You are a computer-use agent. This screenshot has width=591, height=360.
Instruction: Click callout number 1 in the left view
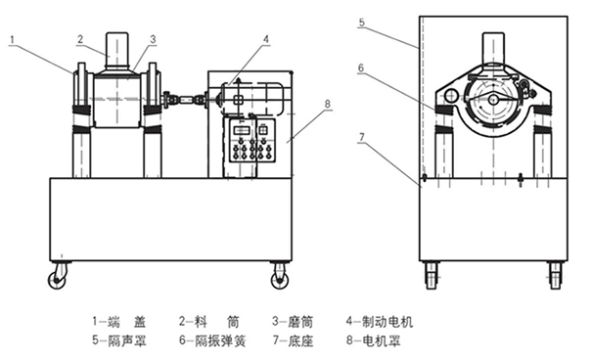[13, 39]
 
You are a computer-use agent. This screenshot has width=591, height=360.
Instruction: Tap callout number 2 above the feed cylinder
[80, 39]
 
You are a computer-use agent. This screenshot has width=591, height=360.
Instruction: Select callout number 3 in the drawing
[153, 39]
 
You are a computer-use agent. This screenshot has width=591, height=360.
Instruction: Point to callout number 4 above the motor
[266, 39]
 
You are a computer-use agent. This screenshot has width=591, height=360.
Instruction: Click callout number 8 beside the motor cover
[328, 104]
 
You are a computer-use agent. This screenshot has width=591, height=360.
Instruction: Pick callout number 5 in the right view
[362, 22]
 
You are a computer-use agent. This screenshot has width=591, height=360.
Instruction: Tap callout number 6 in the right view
[361, 67]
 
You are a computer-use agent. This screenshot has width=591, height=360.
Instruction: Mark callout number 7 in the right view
[362, 137]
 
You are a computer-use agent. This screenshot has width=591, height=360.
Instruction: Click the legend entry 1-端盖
[119, 322]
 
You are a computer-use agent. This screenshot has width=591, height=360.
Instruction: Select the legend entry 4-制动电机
[380, 322]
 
